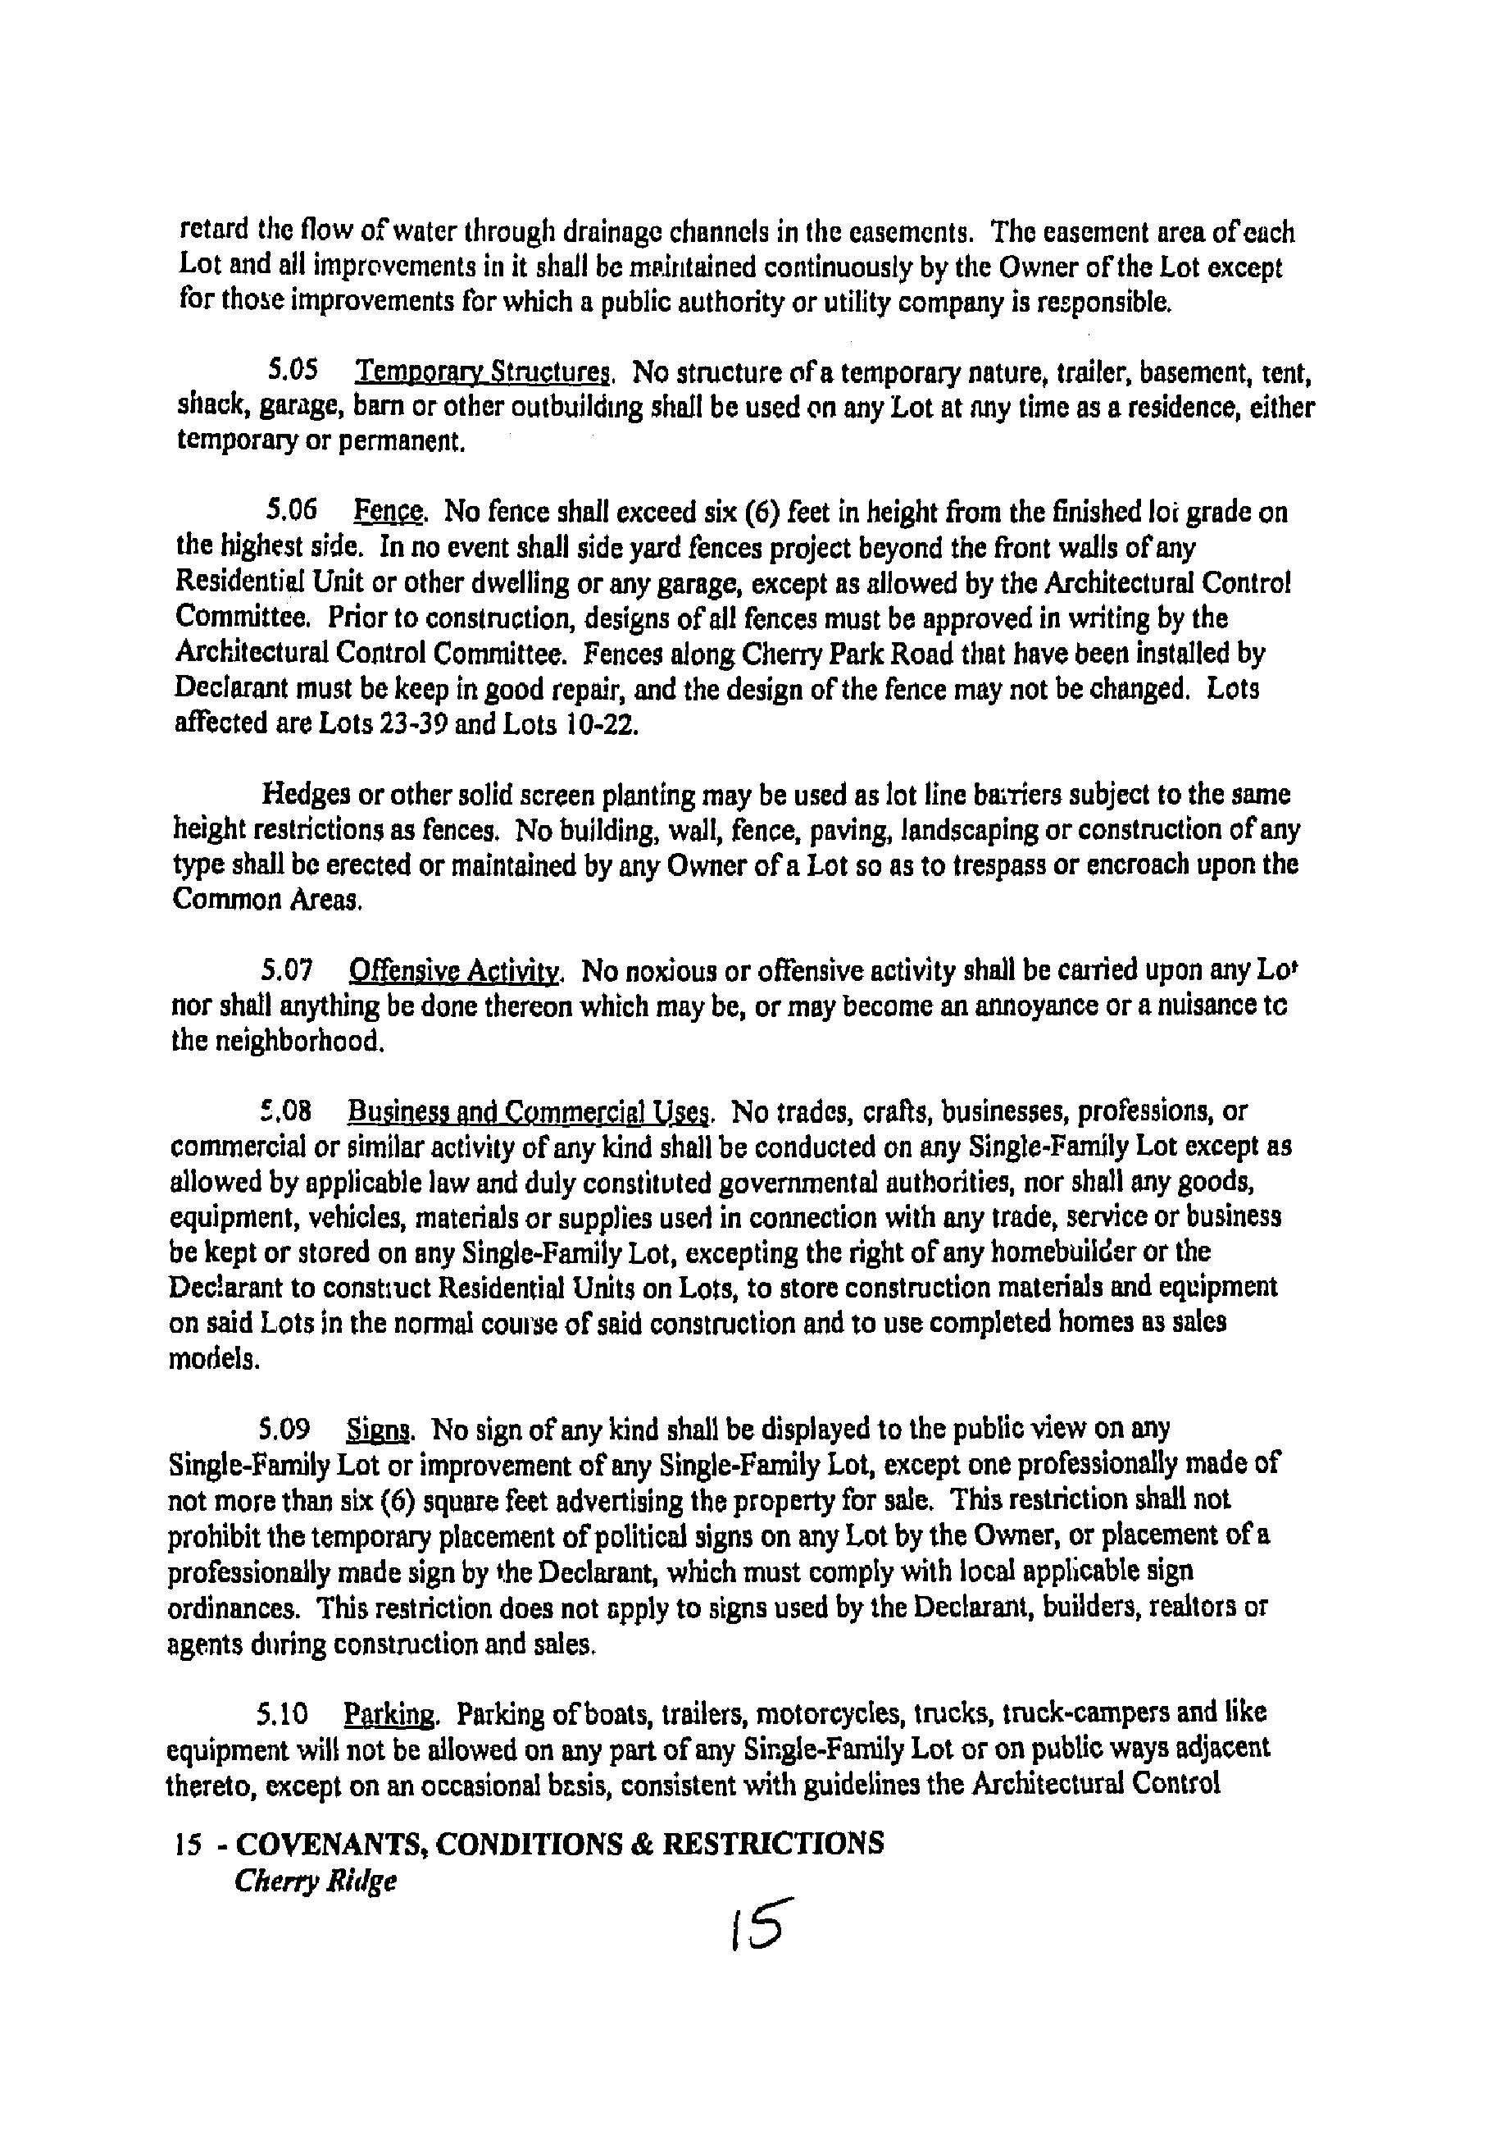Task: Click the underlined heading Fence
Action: [x=389, y=511]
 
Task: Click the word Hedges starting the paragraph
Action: [x=306, y=795]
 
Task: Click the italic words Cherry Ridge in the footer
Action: [x=316, y=1881]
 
